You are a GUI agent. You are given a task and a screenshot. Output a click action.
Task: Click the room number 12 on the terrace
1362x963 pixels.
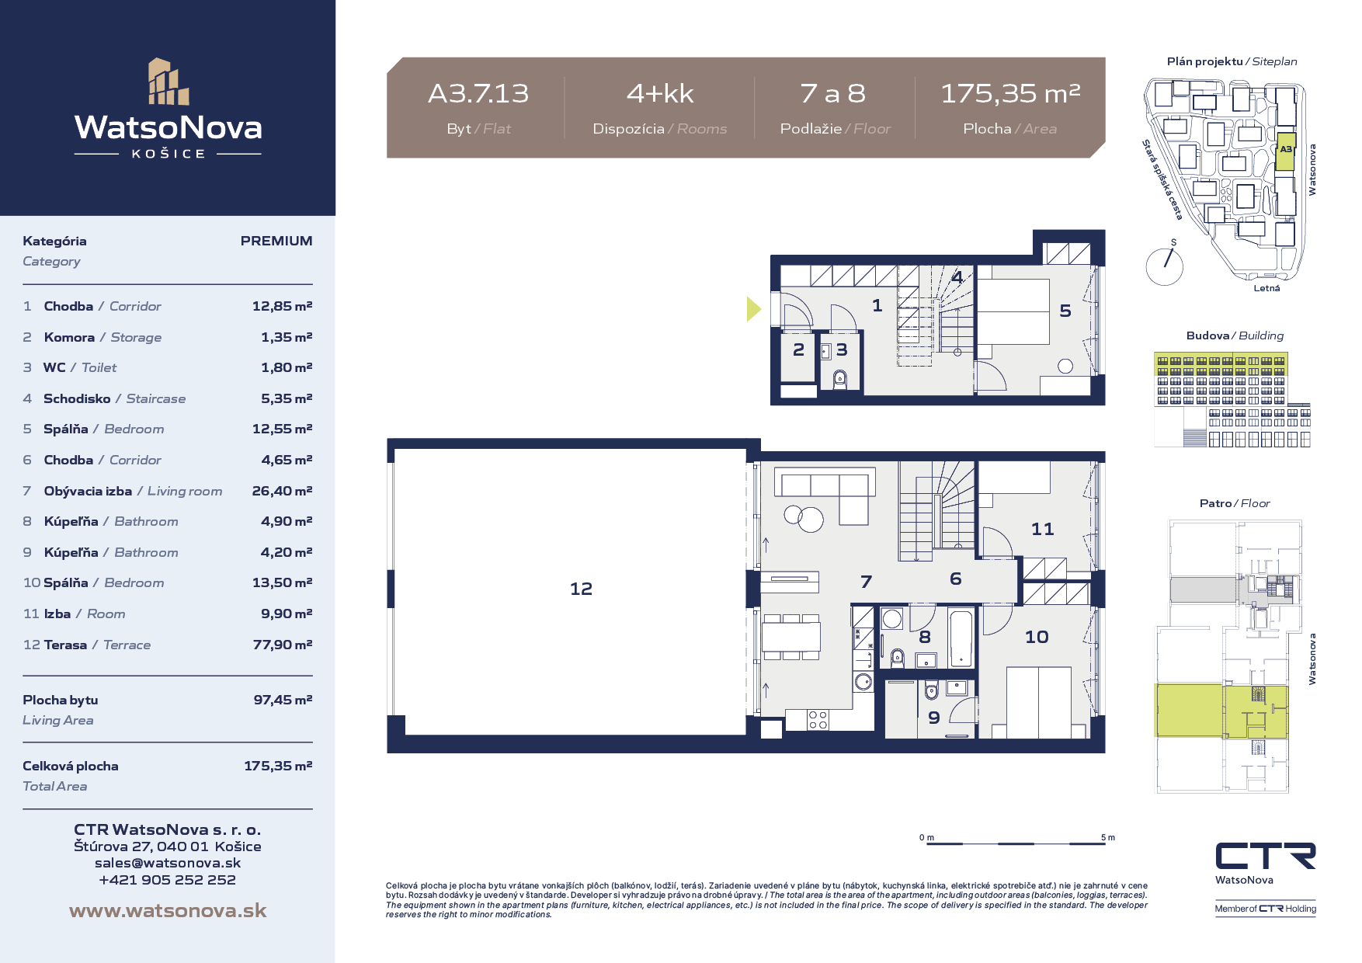(581, 589)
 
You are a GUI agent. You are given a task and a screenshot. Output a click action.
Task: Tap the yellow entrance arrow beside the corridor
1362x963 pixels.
(753, 309)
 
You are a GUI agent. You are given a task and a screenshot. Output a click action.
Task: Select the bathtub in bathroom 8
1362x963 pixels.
(961, 639)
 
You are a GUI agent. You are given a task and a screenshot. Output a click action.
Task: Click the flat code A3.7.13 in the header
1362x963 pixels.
(478, 94)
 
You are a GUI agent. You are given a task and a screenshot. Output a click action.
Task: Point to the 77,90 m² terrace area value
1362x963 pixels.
(283, 645)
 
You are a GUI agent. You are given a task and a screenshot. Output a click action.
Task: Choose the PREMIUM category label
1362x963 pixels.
(276, 241)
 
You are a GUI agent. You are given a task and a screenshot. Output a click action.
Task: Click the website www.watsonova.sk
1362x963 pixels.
(168, 911)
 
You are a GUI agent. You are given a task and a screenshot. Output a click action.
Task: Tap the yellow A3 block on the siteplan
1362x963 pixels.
(1286, 151)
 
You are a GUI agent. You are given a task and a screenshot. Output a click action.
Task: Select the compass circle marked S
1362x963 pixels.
(1164, 266)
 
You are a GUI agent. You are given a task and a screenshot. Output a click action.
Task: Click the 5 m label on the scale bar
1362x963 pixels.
(1108, 837)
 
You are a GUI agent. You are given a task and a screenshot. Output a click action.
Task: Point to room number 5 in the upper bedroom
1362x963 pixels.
(1065, 311)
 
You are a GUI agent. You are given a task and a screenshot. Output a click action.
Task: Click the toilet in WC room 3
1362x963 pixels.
(839, 379)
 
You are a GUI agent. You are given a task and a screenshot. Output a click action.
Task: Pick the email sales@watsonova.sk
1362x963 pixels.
(168, 863)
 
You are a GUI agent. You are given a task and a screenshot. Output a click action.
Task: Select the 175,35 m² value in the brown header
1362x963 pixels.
(1010, 94)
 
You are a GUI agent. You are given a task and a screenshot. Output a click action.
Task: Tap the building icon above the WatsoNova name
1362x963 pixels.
(169, 82)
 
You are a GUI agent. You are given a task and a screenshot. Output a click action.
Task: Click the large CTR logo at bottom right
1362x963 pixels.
(1265, 856)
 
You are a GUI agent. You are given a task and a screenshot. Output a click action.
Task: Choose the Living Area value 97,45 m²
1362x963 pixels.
(283, 700)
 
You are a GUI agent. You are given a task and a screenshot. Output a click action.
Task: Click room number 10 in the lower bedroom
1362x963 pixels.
(1037, 638)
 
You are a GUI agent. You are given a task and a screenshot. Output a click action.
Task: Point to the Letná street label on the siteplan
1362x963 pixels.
(1266, 288)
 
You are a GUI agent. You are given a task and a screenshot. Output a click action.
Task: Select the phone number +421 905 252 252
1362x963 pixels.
(168, 880)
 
